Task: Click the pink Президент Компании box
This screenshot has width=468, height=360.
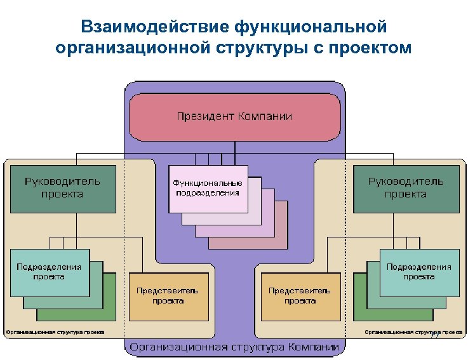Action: [234, 117]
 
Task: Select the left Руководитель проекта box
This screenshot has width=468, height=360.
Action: [62, 188]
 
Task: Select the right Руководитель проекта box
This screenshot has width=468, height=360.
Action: [406, 188]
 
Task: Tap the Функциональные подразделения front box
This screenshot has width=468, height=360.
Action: [208, 188]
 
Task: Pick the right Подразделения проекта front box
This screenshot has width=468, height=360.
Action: [419, 273]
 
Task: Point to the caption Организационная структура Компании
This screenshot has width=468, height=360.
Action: [234, 347]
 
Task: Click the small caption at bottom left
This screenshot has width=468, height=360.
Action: [55, 331]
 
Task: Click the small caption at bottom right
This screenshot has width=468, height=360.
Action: [413, 331]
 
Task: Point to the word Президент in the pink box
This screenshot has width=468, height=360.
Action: [205, 116]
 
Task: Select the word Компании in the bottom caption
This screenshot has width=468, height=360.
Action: [312, 347]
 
